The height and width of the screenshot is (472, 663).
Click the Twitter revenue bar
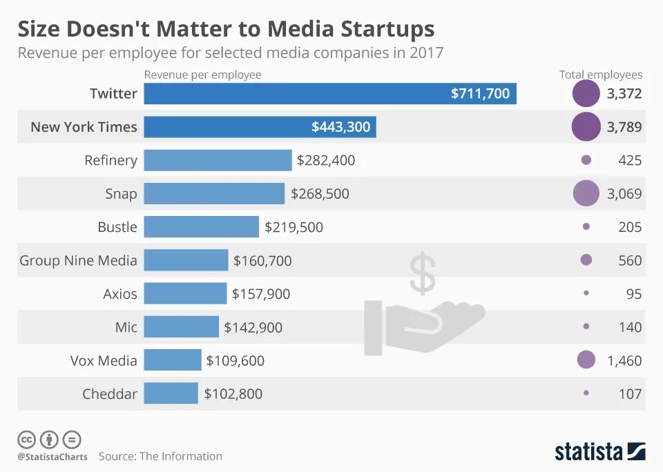[x=329, y=94]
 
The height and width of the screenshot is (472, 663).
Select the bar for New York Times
[x=260, y=127]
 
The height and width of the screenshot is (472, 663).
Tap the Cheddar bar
[x=171, y=394]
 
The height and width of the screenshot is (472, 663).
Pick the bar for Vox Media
[x=173, y=360]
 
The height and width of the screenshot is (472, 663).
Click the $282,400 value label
[x=325, y=161]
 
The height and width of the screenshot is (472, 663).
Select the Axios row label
[x=119, y=294]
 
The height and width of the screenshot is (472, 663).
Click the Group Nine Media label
[x=78, y=261]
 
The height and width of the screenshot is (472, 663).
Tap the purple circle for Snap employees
[x=586, y=193]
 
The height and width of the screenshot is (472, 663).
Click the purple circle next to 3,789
[x=586, y=127]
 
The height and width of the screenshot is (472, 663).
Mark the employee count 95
[x=633, y=294]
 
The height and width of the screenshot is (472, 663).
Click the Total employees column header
[x=600, y=75]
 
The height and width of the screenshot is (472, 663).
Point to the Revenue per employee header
[x=202, y=75]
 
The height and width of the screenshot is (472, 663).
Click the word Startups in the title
[x=387, y=29]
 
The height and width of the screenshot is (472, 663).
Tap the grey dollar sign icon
[x=422, y=273]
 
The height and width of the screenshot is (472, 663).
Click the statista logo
[x=599, y=452]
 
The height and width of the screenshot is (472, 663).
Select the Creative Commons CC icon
[x=26, y=439]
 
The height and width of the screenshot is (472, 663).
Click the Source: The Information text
[x=160, y=456]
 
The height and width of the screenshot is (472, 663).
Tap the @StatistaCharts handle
[x=52, y=457]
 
